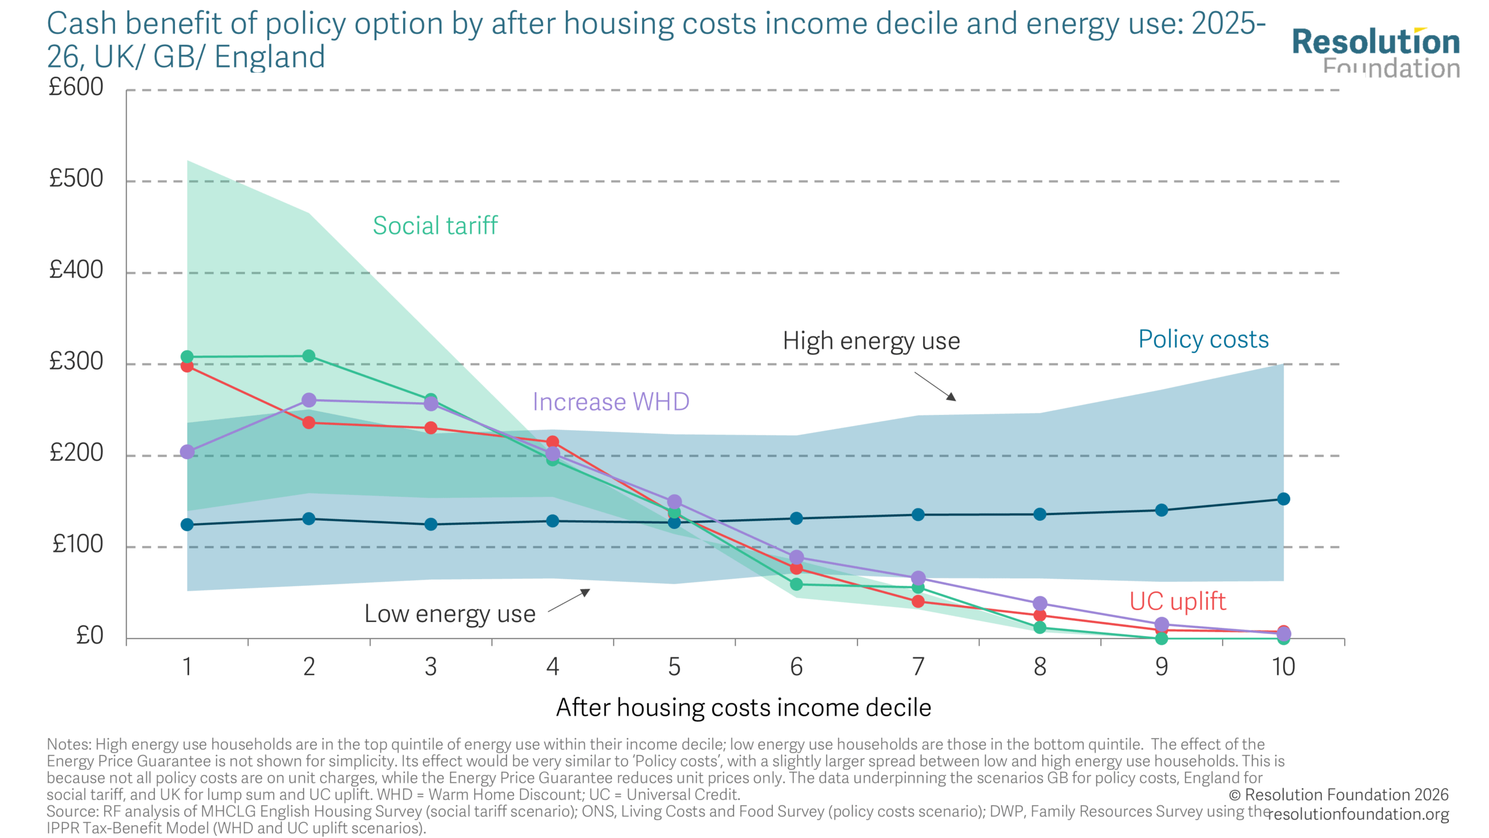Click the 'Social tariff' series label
tap(435, 226)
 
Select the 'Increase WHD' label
tap(611, 402)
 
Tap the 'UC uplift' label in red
tap(1177, 601)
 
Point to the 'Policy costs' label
tap(1203, 339)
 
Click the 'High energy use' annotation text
tap(871, 341)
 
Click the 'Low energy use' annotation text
tap(450, 614)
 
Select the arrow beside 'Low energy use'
tap(569, 601)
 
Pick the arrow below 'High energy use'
tap(935, 386)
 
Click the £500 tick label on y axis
tap(76, 179)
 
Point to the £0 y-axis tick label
tap(90, 635)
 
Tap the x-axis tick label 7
tap(918, 667)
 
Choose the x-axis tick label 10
tap(1283, 667)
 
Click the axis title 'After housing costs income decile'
tap(743, 708)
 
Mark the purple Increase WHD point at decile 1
tap(187, 452)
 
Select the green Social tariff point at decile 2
tap(309, 356)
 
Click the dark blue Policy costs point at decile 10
tap(1283, 499)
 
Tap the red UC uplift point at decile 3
tap(431, 428)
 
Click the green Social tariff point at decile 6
tap(796, 584)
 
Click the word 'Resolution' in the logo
tap(1376, 42)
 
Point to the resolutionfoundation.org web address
tap(1358, 814)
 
